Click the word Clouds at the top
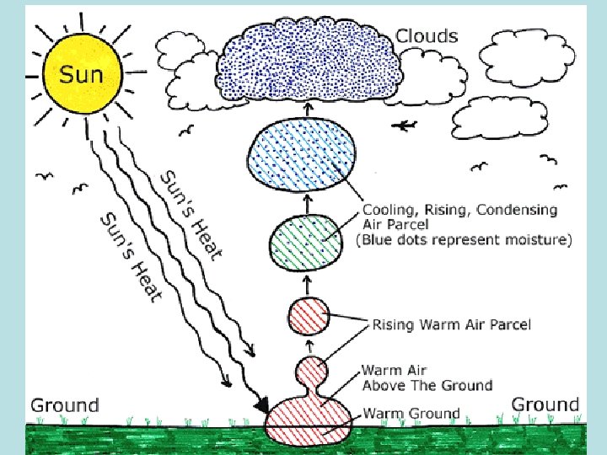click(427, 36)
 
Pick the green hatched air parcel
click(307, 241)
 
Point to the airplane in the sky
click(406, 126)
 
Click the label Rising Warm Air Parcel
click(452, 324)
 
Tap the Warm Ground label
click(411, 414)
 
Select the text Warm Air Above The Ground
click(426, 377)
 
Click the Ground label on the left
click(65, 405)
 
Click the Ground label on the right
click(545, 404)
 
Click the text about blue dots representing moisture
click(464, 240)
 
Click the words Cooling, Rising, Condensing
click(459, 209)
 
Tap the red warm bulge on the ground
click(309, 420)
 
